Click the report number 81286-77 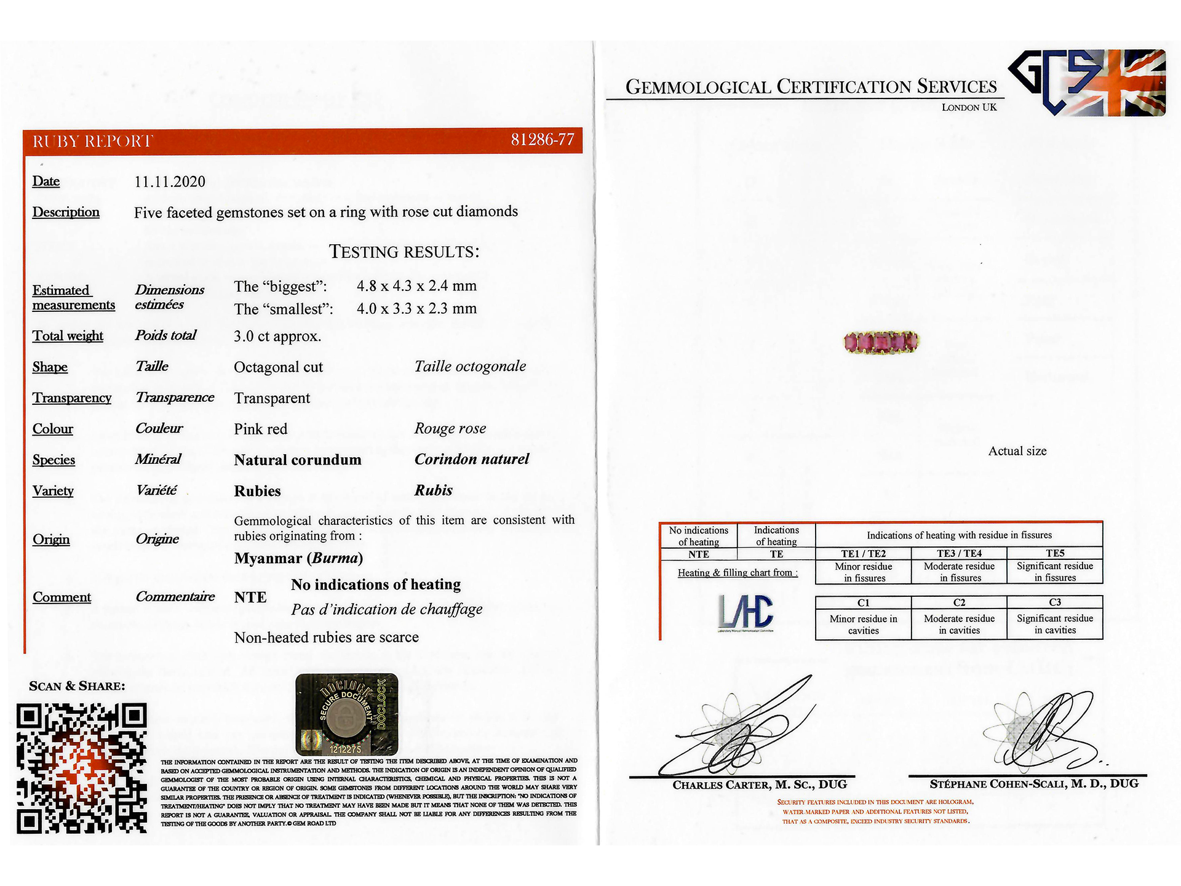pyautogui.click(x=542, y=140)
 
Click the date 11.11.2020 pyautogui.click(x=170, y=182)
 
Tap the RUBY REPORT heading pyautogui.click(x=92, y=142)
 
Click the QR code pyautogui.click(x=82, y=768)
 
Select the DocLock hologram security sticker pyautogui.click(x=346, y=714)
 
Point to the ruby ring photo pyautogui.click(x=881, y=341)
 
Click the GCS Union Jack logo pyautogui.click(x=1088, y=82)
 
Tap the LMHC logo pyautogui.click(x=746, y=612)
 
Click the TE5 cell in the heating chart pyautogui.click(x=1055, y=553)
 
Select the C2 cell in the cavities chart pyautogui.click(x=959, y=602)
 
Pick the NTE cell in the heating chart pyautogui.click(x=699, y=554)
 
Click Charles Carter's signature pyautogui.click(x=738, y=732)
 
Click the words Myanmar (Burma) pyautogui.click(x=298, y=558)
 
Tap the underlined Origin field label pyautogui.click(x=51, y=540)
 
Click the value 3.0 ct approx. pyautogui.click(x=277, y=336)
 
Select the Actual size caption pyautogui.click(x=1017, y=451)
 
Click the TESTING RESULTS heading pyautogui.click(x=404, y=252)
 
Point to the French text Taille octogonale pyautogui.click(x=470, y=367)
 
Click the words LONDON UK pyautogui.click(x=969, y=107)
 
